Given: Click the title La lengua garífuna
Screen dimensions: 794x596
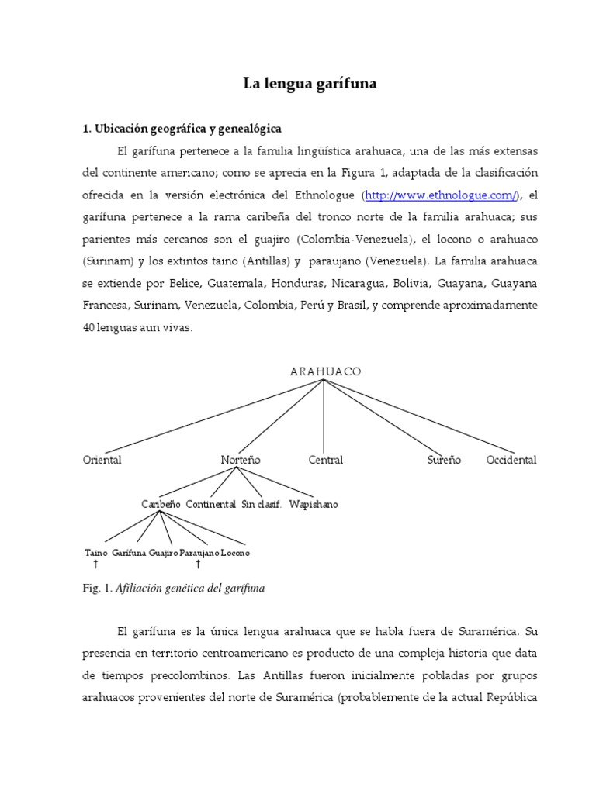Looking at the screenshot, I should click(310, 85).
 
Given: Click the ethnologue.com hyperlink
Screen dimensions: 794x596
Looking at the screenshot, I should click(441, 195).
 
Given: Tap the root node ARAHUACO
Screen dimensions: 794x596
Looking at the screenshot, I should click(325, 371).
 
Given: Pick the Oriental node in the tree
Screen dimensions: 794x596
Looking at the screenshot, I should click(102, 460).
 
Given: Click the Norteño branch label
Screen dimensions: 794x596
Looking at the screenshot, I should click(241, 460).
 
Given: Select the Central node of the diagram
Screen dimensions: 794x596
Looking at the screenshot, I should click(325, 460).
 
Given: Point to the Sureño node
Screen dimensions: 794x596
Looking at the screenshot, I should click(444, 460).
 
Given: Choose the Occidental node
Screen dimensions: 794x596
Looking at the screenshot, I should click(511, 460).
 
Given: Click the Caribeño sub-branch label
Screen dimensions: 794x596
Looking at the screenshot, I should click(161, 504).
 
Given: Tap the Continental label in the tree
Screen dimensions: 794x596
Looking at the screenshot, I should click(210, 504).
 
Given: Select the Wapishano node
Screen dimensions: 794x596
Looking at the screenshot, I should click(313, 504).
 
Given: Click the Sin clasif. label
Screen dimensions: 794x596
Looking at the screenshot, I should click(261, 504).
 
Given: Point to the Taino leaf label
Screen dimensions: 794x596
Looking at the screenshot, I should click(95, 553).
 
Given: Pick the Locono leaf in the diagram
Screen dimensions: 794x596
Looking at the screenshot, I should click(235, 553).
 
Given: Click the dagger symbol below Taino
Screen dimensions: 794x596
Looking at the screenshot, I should click(95, 565).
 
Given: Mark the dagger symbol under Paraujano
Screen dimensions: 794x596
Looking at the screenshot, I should click(198, 565).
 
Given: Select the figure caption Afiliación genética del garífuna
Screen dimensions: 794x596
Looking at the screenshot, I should click(190, 589).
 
